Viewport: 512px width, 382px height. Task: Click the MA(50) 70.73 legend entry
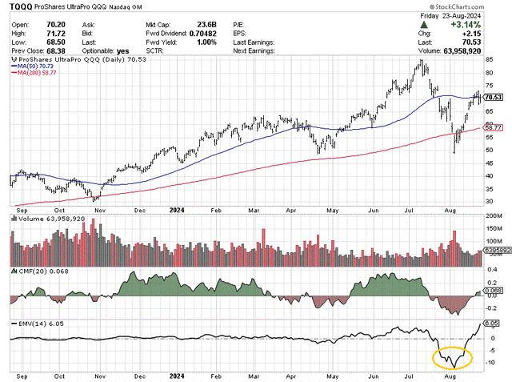(38, 66)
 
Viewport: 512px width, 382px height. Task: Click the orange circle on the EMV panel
(451, 359)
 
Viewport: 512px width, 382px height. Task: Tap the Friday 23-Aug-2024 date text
(462, 15)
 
